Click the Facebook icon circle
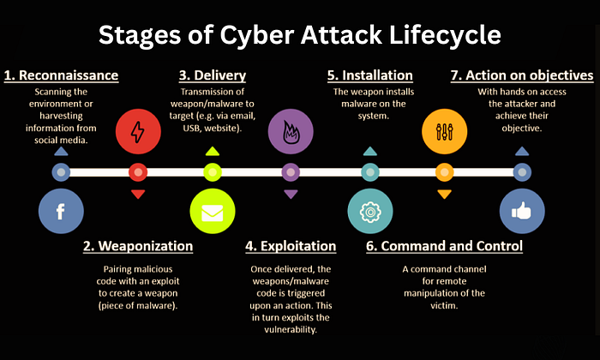coord(61,211)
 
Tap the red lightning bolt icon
coord(138,132)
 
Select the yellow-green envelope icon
coord(213,211)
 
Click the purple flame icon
coord(291,132)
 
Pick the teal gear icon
coord(370,211)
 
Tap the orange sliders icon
coord(444,132)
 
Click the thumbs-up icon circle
coord(522,211)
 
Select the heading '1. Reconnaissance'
coord(61,75)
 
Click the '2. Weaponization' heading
coord(138,246)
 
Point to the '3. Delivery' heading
coord(213,75)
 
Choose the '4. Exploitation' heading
coord(291,246)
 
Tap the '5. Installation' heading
coord(370,75)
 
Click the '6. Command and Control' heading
coord(444,246)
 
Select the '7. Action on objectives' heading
coord(522,75)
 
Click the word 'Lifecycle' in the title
coord(445,36)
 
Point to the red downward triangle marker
coord(138,194)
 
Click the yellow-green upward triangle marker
coord(213,152)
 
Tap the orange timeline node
coord(444,172)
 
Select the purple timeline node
coord(291,172)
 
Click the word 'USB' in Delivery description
coord(191,129)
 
